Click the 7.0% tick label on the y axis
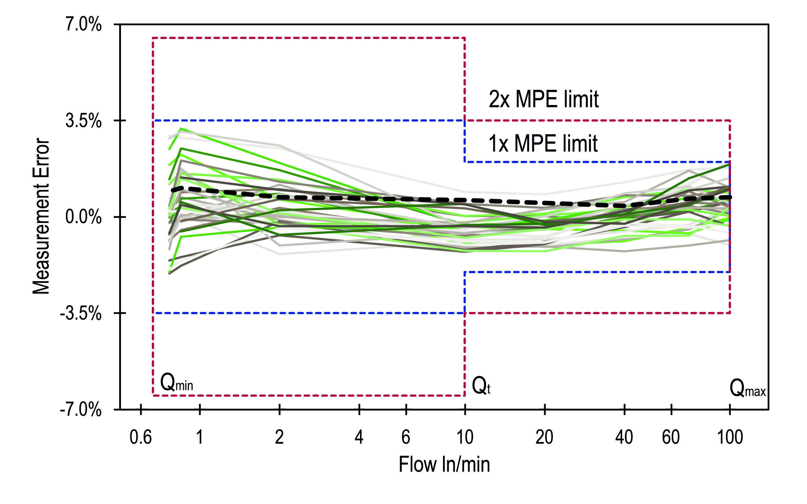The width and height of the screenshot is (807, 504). click(83, 25)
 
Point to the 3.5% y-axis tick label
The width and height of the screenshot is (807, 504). click(83, 121)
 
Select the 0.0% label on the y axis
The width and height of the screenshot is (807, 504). click(83, 217)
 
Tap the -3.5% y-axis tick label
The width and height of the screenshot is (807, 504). click(81, 313)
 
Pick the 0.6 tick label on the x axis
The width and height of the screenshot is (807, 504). click(140, 437)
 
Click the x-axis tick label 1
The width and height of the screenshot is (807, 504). click(200, 437)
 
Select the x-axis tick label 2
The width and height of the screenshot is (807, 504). click(279, 437)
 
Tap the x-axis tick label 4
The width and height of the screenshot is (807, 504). click(359, 437)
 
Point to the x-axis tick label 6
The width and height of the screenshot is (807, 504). click(405, 437)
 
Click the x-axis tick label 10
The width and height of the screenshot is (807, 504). click(465, 437)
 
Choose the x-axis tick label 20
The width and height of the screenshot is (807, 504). click(544, 437)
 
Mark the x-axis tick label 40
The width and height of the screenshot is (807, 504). click(624, 437)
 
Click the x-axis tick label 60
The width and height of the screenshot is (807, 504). click(671, 437)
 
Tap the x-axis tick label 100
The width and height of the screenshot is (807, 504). click(730, 437)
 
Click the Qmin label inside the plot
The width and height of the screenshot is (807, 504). click(177, 383)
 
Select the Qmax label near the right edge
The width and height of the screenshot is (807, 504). click(747, 388)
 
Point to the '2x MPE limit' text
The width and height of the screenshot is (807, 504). click(543, 99)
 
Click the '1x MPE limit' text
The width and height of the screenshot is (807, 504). click(543, 144)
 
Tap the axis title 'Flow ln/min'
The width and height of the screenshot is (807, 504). click(444, 465)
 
